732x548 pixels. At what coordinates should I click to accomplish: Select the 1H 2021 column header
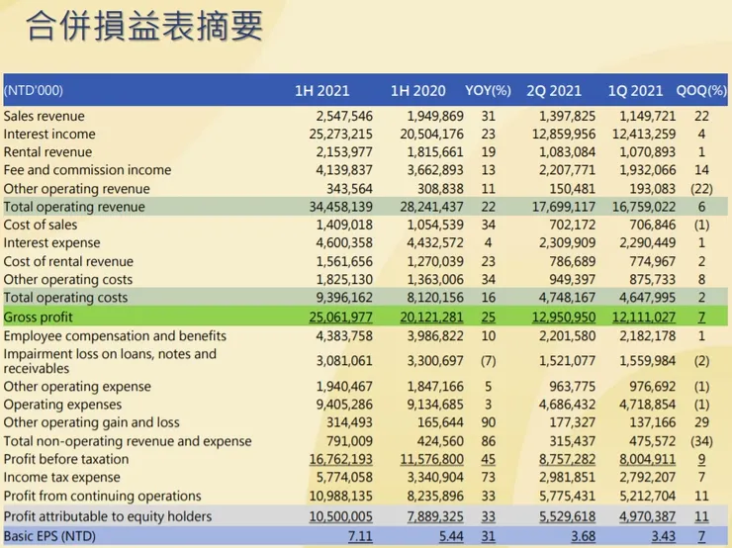(x=321, y=91)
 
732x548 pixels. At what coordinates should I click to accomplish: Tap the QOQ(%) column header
(x=703, y=91)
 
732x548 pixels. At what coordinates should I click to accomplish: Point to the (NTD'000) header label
(x=34, y=91)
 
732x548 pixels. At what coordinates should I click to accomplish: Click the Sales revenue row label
(x=45, y=116)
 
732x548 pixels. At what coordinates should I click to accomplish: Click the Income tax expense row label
(x=60, y=478)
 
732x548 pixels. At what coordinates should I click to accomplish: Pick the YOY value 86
(x=488, y=441)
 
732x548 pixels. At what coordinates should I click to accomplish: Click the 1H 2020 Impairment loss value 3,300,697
(x=431, y=360)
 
